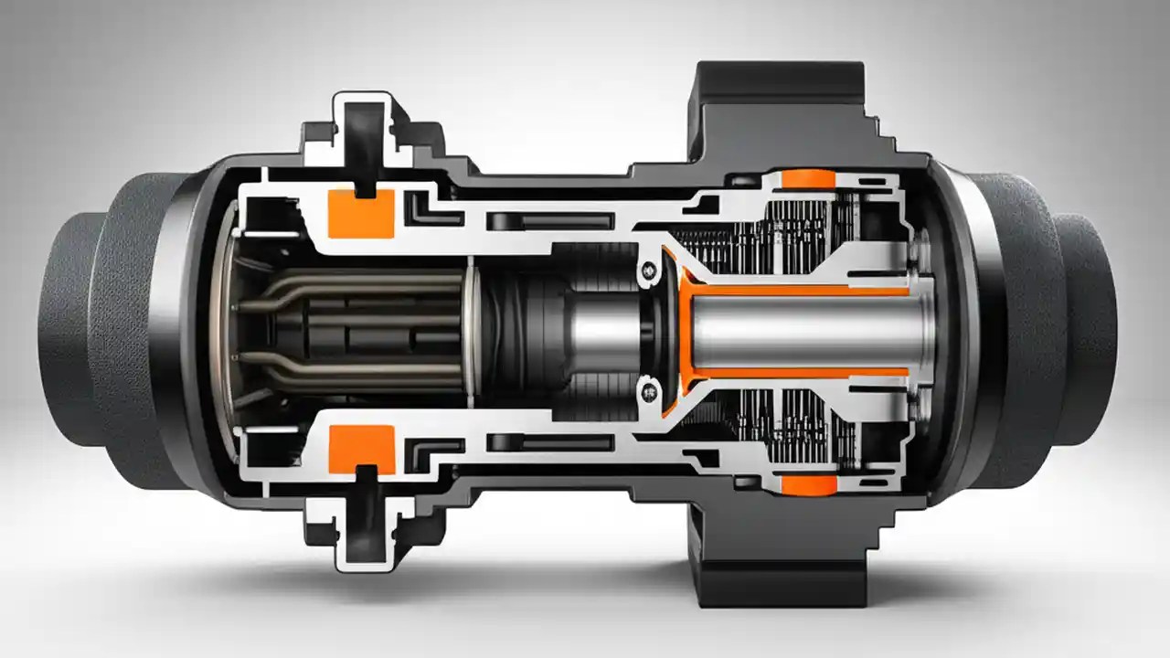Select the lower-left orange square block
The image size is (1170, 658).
(361, 444)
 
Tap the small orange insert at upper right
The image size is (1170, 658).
(809, 179)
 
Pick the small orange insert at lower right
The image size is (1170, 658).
(809, 484)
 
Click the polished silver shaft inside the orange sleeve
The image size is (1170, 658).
(804, 331)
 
